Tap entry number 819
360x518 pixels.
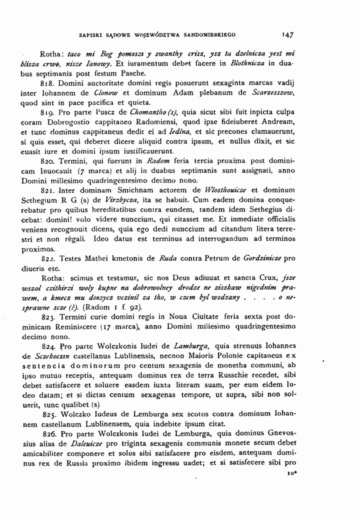48,113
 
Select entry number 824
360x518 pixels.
48,345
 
